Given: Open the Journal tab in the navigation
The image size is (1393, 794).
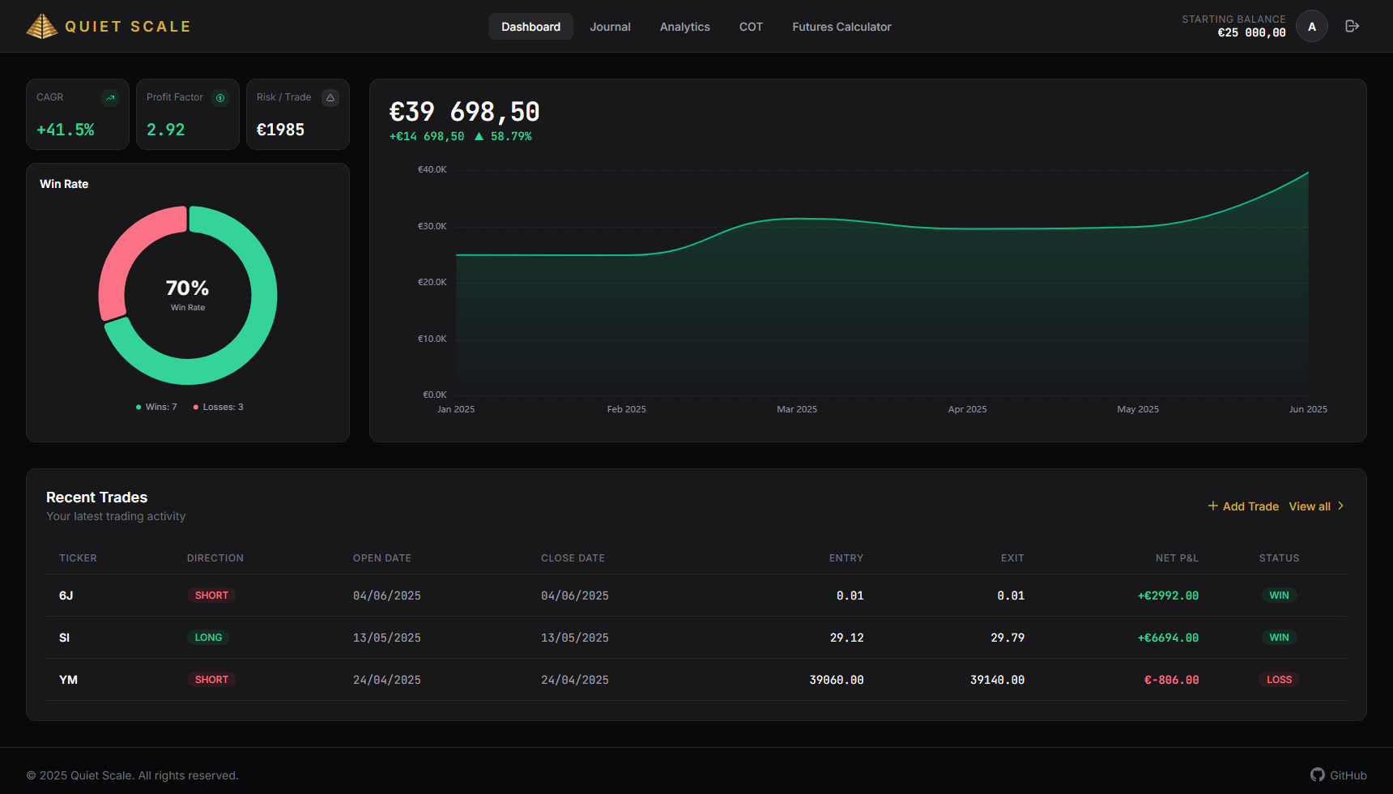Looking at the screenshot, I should pyautogui.click(x=610, y=27).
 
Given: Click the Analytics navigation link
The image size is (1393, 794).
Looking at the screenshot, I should pyautogui.click(x=684, y=27).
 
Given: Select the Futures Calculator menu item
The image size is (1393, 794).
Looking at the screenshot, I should pyautogui.click(x=841, y=27).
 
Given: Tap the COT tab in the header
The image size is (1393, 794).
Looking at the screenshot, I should pyautogui.click(x=751, y=27).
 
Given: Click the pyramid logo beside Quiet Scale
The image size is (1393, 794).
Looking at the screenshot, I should pyautogui.click(x=42, y=26).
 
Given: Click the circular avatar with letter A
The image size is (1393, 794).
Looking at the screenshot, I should pyautogui.click(x=1312, y=27).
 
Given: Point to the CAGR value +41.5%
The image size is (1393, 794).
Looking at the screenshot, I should pyautogui.click(x=66, y=130).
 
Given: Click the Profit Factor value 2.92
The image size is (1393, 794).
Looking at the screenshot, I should pyautogui.click(x=166, y=130).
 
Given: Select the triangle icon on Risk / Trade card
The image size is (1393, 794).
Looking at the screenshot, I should pyautogui.click(x=330, y=98).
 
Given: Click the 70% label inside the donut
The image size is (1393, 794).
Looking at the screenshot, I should pyautogui.click(x=187, y=288).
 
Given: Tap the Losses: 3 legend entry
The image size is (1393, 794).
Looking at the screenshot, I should pyautogui.click(x=219, y=407).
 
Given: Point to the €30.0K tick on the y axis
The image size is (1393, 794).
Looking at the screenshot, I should pyautogui.click(x=432, y=226).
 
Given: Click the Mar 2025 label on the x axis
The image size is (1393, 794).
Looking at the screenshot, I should pyautogui.click(x=797, y=409).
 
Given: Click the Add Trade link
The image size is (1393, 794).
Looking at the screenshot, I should pyautogui.click(x=1243, y=506).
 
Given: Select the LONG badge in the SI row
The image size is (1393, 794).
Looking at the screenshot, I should pyautogui.click(x=208, y=638).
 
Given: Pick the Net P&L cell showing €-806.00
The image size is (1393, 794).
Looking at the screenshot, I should pyautogui.click(x=1171, y=680).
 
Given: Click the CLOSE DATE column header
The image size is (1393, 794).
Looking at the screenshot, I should pyautogui.click(x=573, y=558).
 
